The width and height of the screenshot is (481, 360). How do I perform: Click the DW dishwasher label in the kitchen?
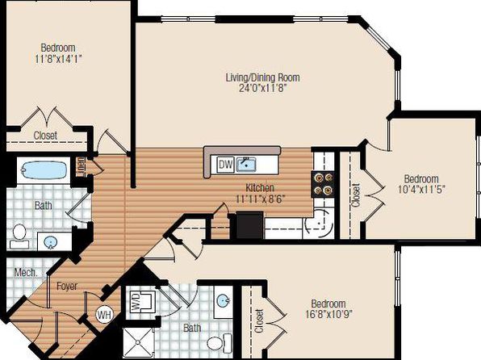226,165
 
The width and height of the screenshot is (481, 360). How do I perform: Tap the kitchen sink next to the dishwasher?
246,165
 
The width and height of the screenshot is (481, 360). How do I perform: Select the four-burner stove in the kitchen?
323,184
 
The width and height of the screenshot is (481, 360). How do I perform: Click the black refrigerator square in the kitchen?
249,225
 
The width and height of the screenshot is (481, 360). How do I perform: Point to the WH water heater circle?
105,315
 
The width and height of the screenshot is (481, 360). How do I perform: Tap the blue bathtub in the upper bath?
44,170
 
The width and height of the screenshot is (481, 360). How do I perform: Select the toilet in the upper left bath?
19,237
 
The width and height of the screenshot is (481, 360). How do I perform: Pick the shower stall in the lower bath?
138,343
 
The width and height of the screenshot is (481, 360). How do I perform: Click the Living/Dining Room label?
263,77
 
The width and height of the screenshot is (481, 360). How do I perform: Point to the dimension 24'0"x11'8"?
263,89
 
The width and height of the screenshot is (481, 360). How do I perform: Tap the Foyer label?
67,287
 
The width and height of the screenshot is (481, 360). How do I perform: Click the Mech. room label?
26,272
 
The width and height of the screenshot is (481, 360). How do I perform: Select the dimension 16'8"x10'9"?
328,314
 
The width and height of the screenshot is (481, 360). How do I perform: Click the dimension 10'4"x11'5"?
421,190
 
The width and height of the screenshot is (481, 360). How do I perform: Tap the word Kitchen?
260,187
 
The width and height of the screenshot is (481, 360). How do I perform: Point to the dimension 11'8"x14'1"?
58,59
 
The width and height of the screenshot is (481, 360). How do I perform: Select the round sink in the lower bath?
223,301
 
